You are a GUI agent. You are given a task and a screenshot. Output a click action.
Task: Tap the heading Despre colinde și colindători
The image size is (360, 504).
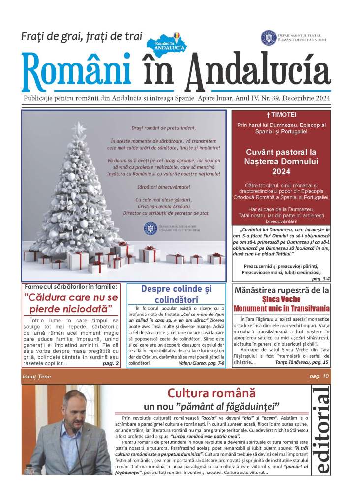tap(176, 294)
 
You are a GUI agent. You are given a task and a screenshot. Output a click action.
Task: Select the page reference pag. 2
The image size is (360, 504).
tap(110, 363)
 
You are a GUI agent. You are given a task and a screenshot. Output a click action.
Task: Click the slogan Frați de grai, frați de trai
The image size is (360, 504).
tap(82, 36)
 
